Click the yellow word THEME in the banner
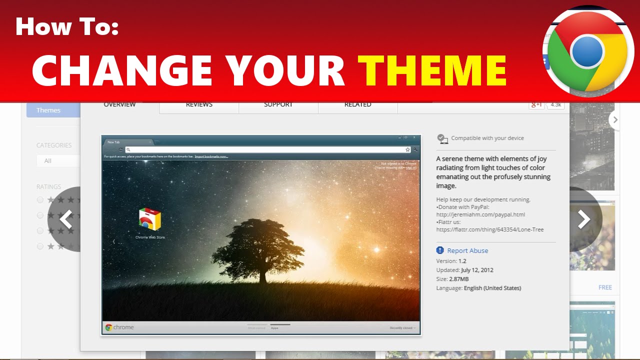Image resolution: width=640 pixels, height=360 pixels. pyautogui.click(x=432, y=70)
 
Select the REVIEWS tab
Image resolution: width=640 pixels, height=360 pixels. pyautogui.click(x=199, y=105)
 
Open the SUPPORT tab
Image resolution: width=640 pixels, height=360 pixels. pyautogui.click(x=278, y=105)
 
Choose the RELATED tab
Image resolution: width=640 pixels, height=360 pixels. pyautogui.click(x=357, y=105)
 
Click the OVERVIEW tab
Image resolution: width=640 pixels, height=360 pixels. pyautogui.click(x=119, y=105)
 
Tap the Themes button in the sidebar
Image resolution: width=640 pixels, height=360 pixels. pyautogui.click(x=48, y=110)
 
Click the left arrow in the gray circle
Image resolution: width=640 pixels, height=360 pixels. pyautogui.click(x=65, y=219)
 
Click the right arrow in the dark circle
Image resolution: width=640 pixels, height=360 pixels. pyautogui.click(x=583, y=219)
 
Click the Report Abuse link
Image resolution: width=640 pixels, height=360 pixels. pyautogui.click(x=467, y=250)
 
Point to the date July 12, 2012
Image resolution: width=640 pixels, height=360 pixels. pyautogui.click(x=477, y=270)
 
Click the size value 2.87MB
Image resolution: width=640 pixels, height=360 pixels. pyautogui.click(x=458, y=279)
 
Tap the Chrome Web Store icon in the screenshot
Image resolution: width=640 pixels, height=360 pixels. pyautogui.click(x=150, y=220)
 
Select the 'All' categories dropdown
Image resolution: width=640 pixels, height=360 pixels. pyautogui.click(x=57, y=160)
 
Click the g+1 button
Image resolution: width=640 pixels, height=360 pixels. pyautogui.click(x=536, y=104)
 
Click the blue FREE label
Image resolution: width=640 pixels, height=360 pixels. pyautogui.click(x=605, y=287)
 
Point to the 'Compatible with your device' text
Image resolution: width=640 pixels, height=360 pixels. pyautogui.click(x=487, y=138)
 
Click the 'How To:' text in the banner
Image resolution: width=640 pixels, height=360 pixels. pyautogui.click(x=67, y=26)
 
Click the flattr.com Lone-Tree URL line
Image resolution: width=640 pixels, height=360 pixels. pyautogui.click(x=489, y=229)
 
